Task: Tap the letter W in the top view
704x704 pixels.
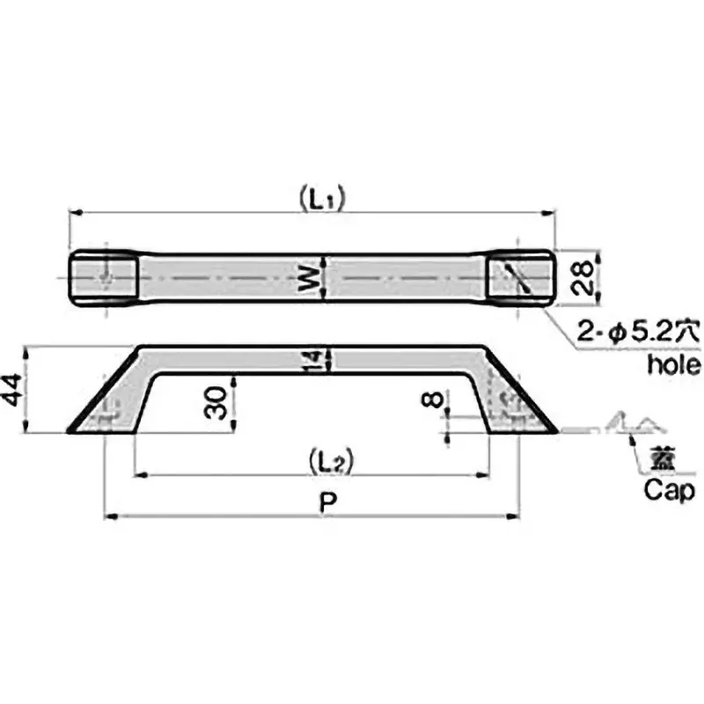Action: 308,279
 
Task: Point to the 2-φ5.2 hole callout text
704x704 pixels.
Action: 637,334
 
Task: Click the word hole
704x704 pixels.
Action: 672,363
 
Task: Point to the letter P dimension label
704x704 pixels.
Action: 326,503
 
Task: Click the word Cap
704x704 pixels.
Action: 670,490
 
